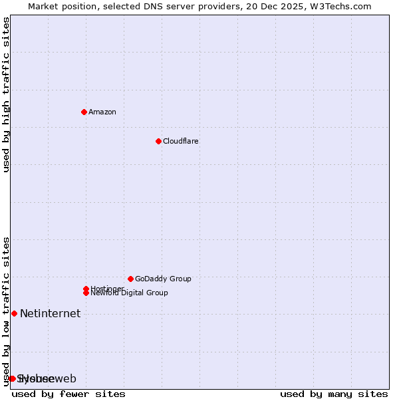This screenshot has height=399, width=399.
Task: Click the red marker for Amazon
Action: tap(84, 112)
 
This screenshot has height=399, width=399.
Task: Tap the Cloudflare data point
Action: tap(158, 141)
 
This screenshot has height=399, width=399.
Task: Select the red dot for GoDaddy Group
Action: tap(130, 279)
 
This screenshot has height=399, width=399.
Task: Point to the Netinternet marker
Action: tap(14, 313)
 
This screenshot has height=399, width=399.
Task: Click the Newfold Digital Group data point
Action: tap(86, 293)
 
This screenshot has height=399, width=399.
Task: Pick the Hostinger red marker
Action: tap(86, 289)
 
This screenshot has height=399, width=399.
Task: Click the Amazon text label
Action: tap(102, 112)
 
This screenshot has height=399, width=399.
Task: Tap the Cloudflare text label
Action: tap(181, 141)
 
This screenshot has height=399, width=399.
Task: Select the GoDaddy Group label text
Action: tap(163, 279)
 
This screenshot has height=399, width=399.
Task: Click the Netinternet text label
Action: tap(50, 313)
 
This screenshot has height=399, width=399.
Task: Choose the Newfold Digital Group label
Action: tap(129, 293)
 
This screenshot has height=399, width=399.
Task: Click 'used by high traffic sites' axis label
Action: tap(6, 94)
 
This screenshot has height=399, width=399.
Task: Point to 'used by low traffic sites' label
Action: tap(6, 311)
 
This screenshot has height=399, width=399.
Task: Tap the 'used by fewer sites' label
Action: tap(68, 394)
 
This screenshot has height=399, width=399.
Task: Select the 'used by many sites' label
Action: tap(334, 394)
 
